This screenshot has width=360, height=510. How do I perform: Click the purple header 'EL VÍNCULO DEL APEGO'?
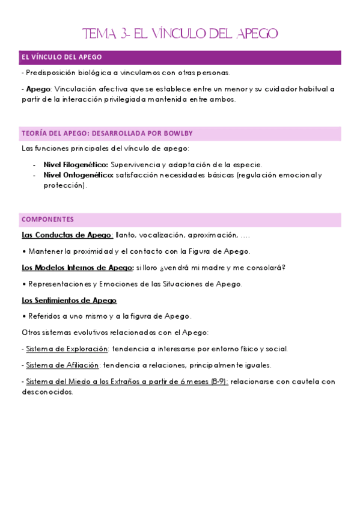(x=61, y=57)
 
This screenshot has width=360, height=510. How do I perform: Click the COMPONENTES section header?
(x=47, y=220)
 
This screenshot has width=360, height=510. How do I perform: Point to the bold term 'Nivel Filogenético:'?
(x=76, y=164)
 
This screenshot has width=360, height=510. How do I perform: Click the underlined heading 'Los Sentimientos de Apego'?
(x=69, y=300)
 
